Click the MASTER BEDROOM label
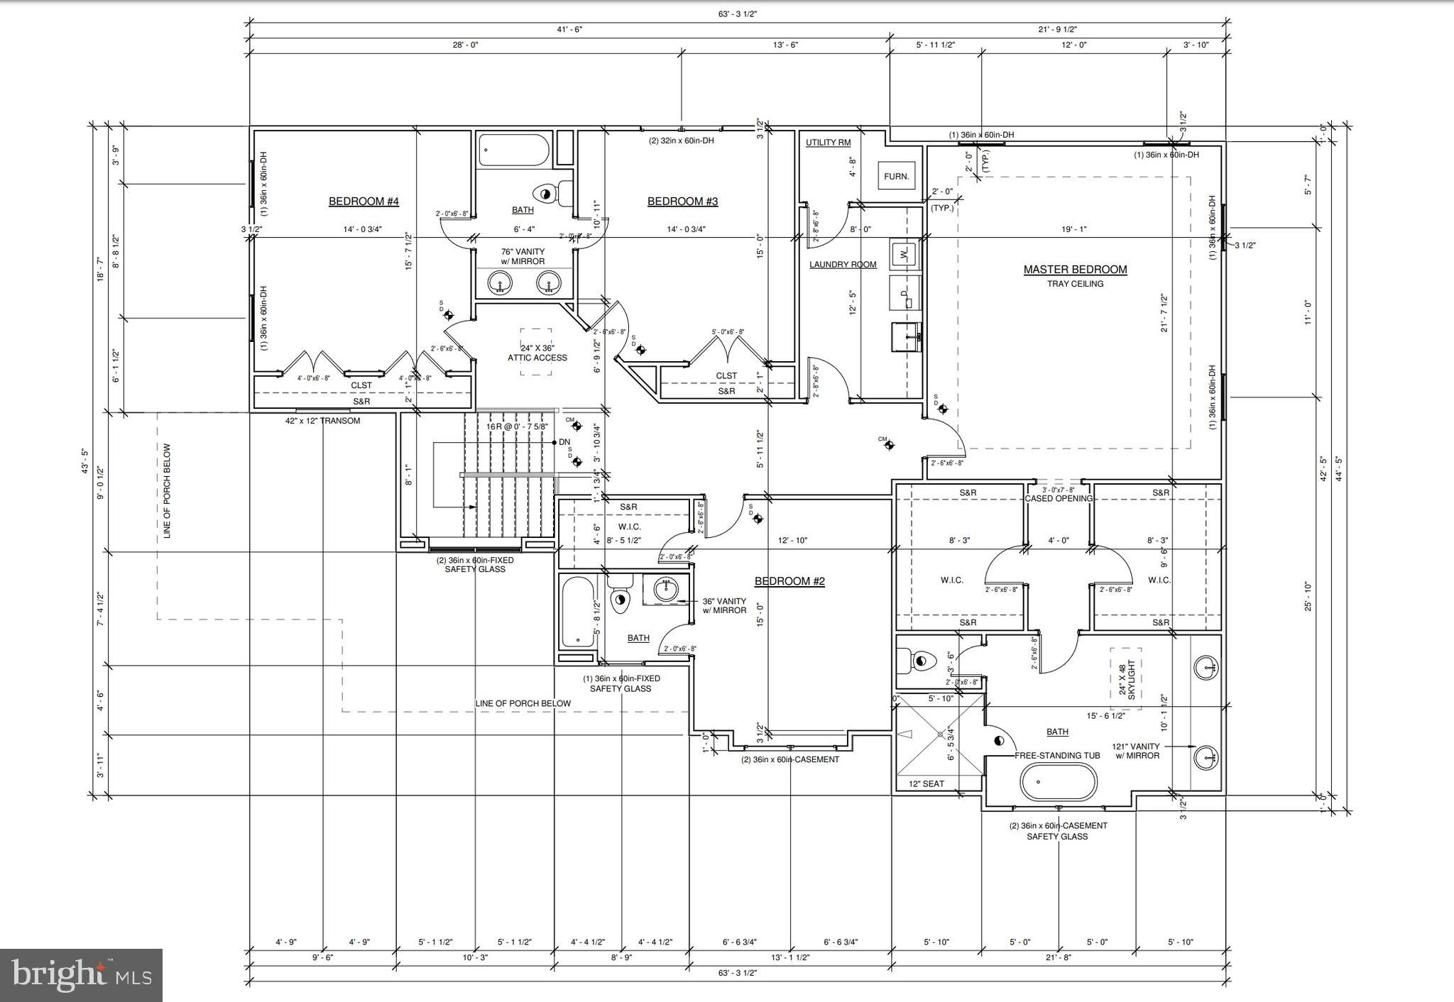tap(1075, 270)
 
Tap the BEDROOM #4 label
tap(363, 202)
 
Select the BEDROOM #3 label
tap(682, 202)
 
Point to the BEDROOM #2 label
tap(789, 581)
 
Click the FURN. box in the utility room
tap(896, 176)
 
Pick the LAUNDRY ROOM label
tap(843, 265)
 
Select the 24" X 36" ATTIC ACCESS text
tap(537, 353)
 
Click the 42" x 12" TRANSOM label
tap(322, 421)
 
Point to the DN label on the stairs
tap(564, 442)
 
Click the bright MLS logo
tap(81, 975)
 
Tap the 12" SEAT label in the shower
tap(926, 784)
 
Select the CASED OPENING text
tap(1058, 498)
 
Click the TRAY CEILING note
tap(1075, 284)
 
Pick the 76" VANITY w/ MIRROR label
tap(523, 256)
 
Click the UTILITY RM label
tap(828, 143)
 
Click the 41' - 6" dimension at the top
tap(570, 29)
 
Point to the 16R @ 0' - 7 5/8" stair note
tap(517, 426)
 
